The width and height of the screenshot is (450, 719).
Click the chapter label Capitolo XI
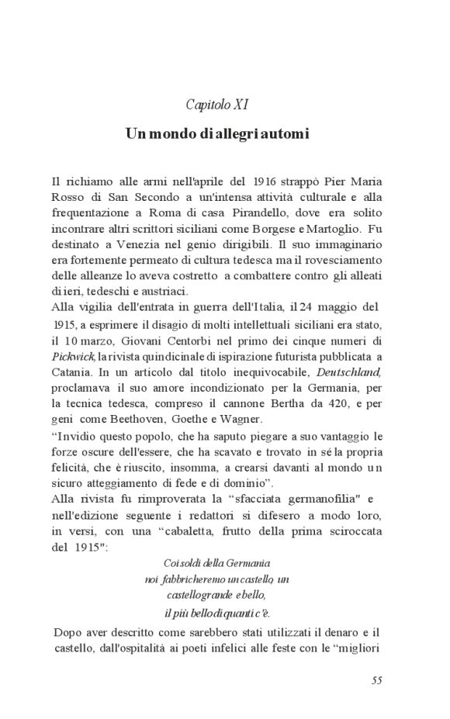tap(217, 103)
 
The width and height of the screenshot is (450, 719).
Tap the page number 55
tap(377, 681)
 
